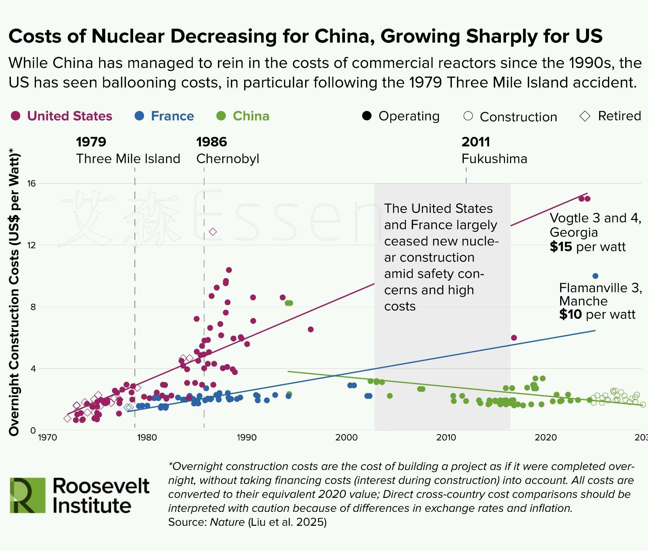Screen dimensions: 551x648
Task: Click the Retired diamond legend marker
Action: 585,116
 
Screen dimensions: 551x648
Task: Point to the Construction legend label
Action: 518,117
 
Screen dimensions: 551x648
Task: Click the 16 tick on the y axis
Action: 31,184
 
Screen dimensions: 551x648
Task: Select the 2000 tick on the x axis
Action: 346,437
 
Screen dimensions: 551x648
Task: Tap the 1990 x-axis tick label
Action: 247,437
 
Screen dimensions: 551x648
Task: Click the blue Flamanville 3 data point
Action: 595,276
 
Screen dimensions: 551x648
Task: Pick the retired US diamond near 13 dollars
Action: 213,232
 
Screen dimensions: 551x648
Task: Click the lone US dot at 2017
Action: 514,338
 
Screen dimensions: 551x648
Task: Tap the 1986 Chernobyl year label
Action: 211,142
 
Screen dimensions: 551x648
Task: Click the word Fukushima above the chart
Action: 494,159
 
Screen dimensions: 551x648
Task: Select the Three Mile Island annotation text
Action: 128,159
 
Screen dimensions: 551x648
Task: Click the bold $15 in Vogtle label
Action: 561,247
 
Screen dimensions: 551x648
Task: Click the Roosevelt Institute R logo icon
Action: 28,495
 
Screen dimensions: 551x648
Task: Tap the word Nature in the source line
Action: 227,522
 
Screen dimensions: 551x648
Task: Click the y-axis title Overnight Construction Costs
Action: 14,293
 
